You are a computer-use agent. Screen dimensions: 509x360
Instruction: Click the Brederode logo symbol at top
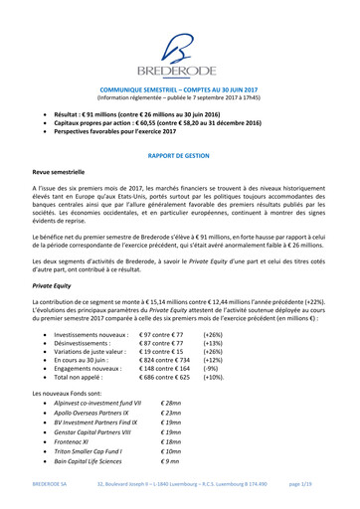click(180, 44)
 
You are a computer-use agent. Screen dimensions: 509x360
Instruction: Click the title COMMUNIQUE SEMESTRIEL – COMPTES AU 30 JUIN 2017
click(180, 88)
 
